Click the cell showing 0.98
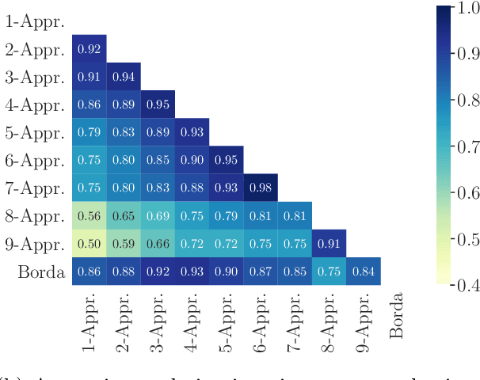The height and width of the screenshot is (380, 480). [260, 188]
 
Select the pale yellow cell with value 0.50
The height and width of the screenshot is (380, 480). [89, 243]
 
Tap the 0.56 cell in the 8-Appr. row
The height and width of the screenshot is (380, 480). [89, 215]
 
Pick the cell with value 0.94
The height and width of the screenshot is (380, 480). [123, 77]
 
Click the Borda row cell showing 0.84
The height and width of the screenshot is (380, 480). [363, 271]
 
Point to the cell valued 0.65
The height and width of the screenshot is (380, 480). [123, 215]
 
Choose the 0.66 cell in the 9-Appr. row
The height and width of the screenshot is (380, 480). [158, 243]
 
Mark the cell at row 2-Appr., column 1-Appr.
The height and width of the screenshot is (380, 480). [89, 49]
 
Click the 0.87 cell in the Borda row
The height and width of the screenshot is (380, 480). [260, 271]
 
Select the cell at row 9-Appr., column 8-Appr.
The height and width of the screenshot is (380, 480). [329, 243]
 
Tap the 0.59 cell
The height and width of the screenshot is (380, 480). [123, 243]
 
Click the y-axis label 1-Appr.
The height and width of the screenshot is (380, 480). [36, 21]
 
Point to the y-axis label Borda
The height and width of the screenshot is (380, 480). [41, 272]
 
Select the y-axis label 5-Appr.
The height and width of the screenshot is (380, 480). [36, 132]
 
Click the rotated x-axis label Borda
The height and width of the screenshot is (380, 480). [397, 316]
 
